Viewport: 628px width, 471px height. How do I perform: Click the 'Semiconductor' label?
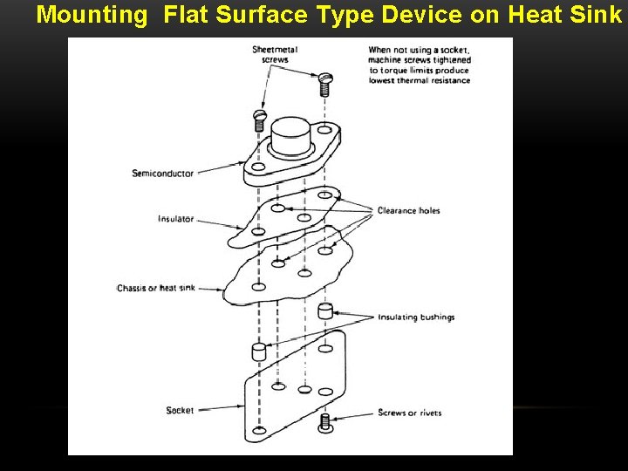(x=162, y=174)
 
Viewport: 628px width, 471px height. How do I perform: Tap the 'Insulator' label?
(x=175, y=219)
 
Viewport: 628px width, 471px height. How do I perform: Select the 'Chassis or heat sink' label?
(x=156, y=288)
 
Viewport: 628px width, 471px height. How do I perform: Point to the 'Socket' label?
(x=180, y=410)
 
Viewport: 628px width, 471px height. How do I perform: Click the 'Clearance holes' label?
(x=408, y=211)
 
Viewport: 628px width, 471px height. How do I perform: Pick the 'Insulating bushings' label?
(x=416, y=317)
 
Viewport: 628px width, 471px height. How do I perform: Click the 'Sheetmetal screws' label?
(x=275, y=55)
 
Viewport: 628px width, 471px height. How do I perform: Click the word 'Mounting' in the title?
(x=92, y=15)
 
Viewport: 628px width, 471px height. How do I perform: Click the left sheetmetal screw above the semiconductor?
(x=259, y=119)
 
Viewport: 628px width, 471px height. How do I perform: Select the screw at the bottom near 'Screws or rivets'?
(x=325, y=423)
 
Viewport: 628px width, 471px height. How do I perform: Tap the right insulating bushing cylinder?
(x=324, y=311)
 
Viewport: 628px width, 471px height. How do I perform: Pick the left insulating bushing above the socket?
(x=258, y=352)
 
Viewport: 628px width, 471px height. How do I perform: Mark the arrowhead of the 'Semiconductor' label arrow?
(x=244, y=172)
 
